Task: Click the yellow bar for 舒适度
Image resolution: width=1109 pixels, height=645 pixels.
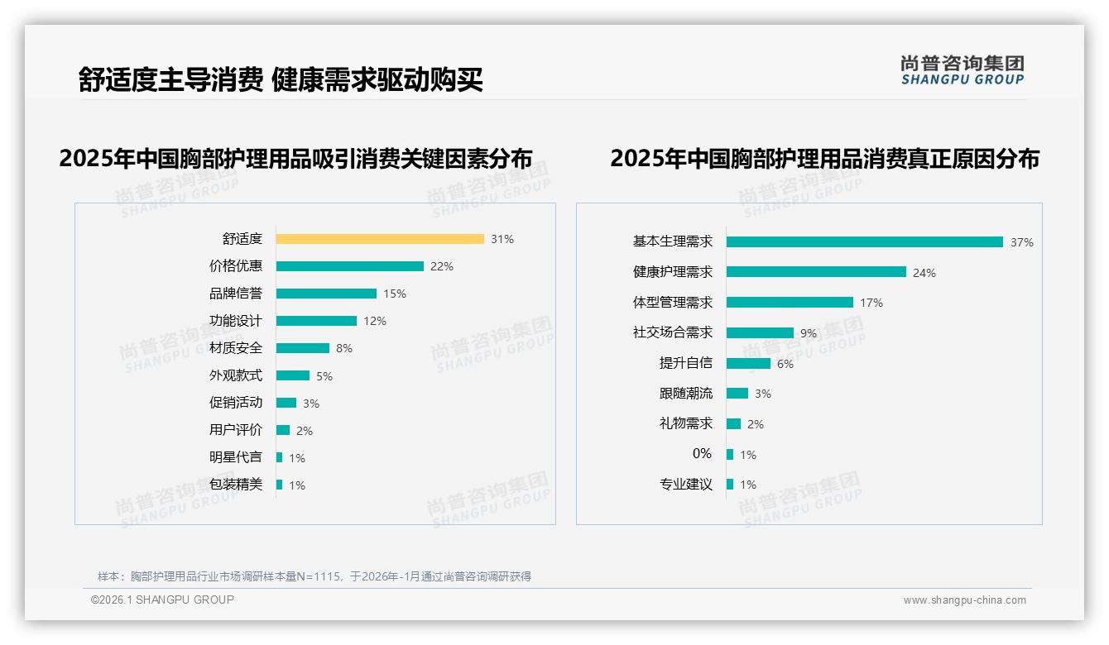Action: click(x=380, y=239)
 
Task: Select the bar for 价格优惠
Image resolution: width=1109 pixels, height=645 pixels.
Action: click(x=349, y=266)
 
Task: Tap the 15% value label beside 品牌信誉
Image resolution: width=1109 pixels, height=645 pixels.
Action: click(x=395, y=294)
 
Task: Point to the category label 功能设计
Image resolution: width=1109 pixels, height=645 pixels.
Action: click(x=236, y=321)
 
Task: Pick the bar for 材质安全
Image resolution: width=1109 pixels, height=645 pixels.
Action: click(x=303, y=348)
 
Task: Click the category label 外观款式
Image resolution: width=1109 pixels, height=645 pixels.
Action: click(x=236, y=375)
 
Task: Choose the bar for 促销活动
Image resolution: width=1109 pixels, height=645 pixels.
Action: click(x=286, y=403)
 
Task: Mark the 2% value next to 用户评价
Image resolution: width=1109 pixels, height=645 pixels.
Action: click(x=305, y=431)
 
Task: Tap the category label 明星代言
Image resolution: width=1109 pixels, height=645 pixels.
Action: click(x=236, y=457)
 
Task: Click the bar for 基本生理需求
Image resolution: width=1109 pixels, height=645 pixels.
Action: click(x=865, y=242)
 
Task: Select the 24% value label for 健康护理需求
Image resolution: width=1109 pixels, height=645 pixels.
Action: click(x=924, y=273)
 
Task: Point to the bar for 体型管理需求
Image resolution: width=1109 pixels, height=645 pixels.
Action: click(x=790, y=303)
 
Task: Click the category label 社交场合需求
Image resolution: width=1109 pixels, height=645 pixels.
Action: click(x=673, y=332)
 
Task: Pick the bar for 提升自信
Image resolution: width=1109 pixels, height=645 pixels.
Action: click(x=748, y=364)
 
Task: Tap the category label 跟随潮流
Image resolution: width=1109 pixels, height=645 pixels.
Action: click(x=686, y=394)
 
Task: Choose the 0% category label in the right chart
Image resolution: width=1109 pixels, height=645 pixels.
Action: click(x=702, y=453)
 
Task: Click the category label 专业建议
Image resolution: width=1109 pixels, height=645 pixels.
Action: click(x=686, y=484)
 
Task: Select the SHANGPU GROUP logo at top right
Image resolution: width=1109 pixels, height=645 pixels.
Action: click(x=963, y=70)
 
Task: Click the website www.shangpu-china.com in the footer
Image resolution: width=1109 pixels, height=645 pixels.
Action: click(x=964, y=600)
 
